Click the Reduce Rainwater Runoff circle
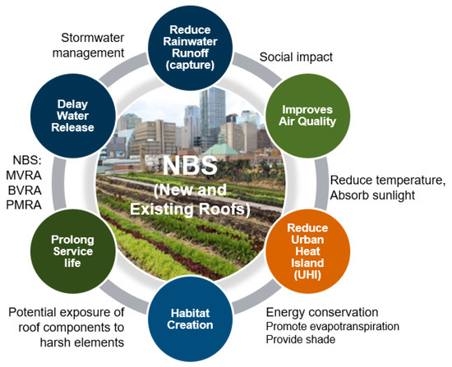click(191, 48)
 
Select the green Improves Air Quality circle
click(307, 116)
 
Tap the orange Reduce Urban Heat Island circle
click(307, 251)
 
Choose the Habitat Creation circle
click(191, 319)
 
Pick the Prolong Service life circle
click(73, 251)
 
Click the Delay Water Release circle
click(73, 116)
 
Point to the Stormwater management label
click(88, 45)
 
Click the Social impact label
click(296, 57)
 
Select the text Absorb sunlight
click(372, 195)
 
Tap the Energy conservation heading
click(322, 312)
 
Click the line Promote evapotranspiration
click(332, 327)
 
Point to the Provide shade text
click(301, 339)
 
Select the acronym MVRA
click(24, 176)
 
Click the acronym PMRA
click(24, 205)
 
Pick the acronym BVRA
click(25, 190)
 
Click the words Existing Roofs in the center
click(190, 209)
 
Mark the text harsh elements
click(82, 342)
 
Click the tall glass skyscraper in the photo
click(213, 115)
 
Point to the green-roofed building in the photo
click(221, 149)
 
